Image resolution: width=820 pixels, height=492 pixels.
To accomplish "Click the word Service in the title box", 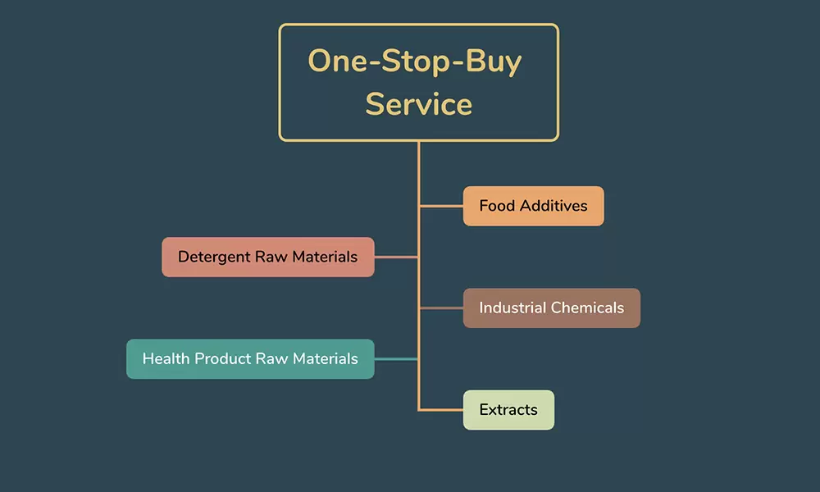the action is pos(418,103).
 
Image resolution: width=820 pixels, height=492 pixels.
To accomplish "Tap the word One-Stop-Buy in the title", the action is pos(415,61).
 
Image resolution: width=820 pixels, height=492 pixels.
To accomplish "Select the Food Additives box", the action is pos(534,206).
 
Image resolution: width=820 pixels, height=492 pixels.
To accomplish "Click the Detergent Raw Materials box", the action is pos(268,257).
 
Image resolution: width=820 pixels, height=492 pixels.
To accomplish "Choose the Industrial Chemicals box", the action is pos(552,308).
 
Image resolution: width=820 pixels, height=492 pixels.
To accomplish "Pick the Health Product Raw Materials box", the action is pos(250,359).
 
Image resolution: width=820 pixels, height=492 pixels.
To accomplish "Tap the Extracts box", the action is pos(508,410).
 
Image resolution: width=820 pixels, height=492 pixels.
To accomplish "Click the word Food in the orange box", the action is pos(497,206).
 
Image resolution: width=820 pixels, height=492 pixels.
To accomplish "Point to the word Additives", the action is pos(553,206).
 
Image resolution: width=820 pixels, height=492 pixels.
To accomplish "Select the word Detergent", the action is pos(213,257).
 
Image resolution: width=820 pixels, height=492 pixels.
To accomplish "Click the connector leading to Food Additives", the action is pos(441,207).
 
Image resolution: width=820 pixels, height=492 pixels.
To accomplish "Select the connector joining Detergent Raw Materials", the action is pos(396,257).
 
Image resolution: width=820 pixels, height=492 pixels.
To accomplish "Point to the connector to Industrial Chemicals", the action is pos(441,308).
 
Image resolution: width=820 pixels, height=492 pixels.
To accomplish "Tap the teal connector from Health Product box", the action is pos(396,359).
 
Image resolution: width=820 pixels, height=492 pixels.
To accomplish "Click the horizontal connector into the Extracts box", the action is pos(441,410).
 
